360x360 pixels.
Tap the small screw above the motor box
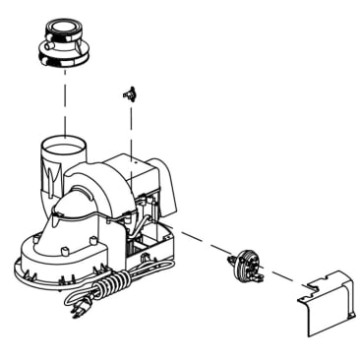pyautogui.click(x=127, y=93)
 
